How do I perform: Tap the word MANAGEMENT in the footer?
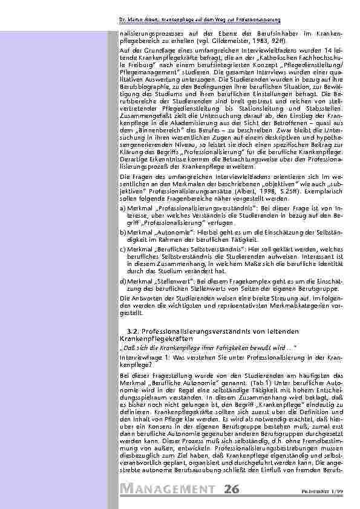pyautogui.click(x=169, y=489)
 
